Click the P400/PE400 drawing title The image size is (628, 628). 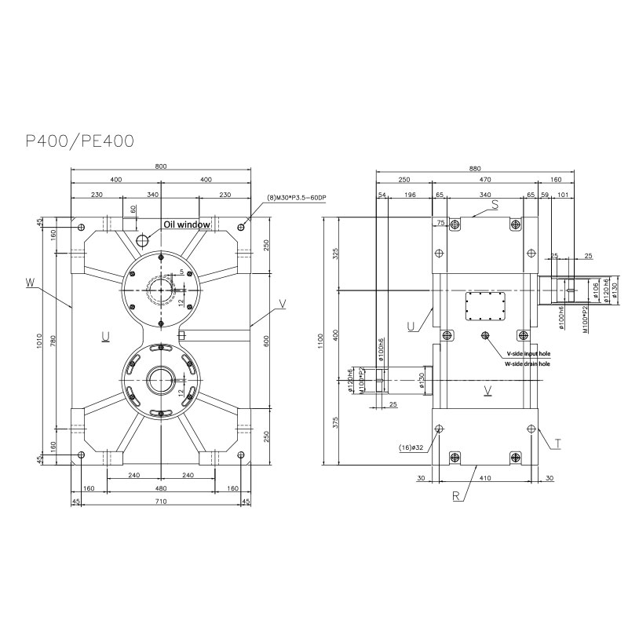(x=79, y=141)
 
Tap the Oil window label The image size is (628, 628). (x=186, y=225)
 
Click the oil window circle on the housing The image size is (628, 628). (x=142, y=240)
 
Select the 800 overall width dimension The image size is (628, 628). (x=160, y=166)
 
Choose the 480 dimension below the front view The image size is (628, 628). (x=160, y=487)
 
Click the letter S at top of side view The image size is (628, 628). (x=495, y=206)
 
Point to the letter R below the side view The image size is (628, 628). (x=455, y=496)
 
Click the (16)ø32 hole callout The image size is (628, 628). (x=413, y=447)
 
